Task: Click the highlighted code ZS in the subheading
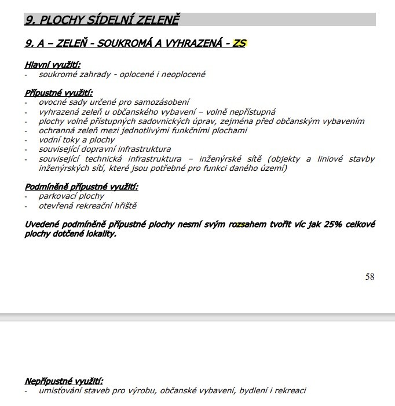[x=239, y=43]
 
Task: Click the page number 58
[x=370, y=277]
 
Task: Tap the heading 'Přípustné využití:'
[x=58, y=93]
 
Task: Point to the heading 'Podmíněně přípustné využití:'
[x=81, y=186]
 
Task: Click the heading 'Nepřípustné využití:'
[x=64, y=381]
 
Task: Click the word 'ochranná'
[x=56, y=130]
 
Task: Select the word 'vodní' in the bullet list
[x=49, y=140]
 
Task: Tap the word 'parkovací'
[x=57, y=196]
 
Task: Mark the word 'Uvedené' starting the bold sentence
[x=41, y=224]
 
